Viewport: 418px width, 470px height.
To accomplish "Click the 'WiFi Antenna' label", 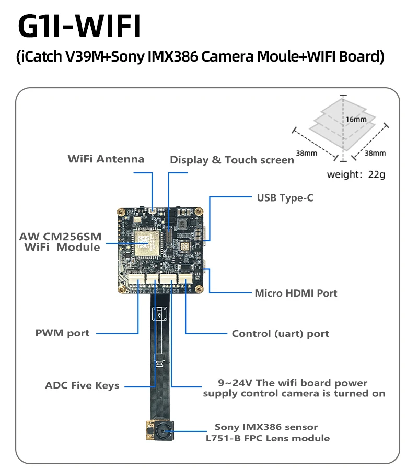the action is pyautogui.click(x=106, y=159).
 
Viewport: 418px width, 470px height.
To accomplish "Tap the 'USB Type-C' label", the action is pyautogui.click(x=285, y=198).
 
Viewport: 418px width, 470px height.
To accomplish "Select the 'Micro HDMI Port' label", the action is pyautogui.click(x=296, y=293).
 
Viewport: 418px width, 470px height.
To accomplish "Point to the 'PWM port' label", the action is pyautogui.click(x=62, y=333).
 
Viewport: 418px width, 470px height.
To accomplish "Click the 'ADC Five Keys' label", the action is pyautogui.click(x=82, y=385).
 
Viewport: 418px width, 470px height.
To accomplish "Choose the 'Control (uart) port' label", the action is pyautogui.click(x=281, y=334).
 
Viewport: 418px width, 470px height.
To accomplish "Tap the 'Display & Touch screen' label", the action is pyautogui.click(x=232, y=160).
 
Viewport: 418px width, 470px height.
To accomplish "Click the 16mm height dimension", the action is pyautogui.click(x=356, y=119).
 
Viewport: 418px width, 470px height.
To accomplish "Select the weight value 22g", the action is pyautogui.click(x=376, y=174).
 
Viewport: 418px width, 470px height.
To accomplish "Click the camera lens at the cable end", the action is pyautogui.click(x=164, y=431).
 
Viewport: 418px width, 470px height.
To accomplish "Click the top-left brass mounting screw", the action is pyautogui.click(x=121, y=212).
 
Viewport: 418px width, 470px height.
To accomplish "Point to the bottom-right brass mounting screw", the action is pyautogui.click(x=199, y=289).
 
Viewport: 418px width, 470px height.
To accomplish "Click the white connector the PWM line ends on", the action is pyautogui.click(x=137, y=279).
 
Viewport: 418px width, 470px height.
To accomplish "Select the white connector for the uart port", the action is pyautogui.click(x=185, y=278).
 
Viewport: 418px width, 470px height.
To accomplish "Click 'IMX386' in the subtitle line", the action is pyautogui.click(x=173, y=56).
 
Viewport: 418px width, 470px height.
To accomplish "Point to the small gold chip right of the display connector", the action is pyautogui.click(x=184, y=246).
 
